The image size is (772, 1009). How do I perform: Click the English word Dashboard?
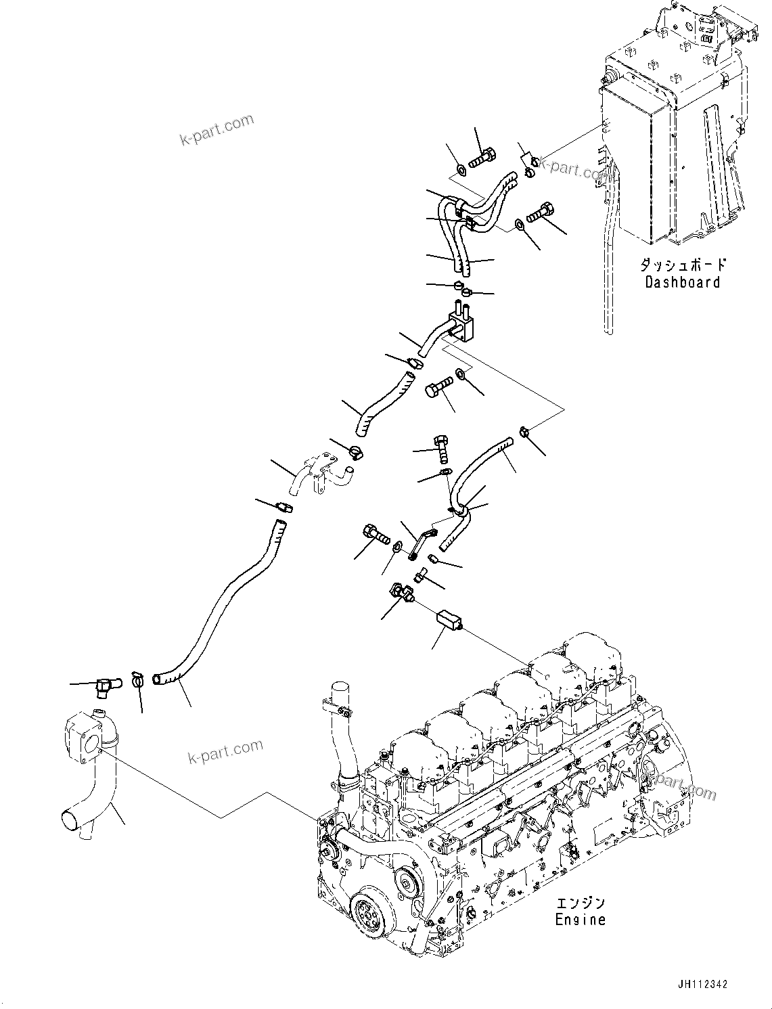pyautogui.click(x=682, y=282)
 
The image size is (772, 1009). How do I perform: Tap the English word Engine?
pyautogui.click(x=580, y=919)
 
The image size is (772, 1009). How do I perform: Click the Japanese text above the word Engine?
pyautogui.click(x=580, y=903)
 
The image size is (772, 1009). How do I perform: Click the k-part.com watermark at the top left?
pyautogui.click(x=216, y=129)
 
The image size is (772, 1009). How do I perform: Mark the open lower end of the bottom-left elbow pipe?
pyautogui.click(x=72, y=821)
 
